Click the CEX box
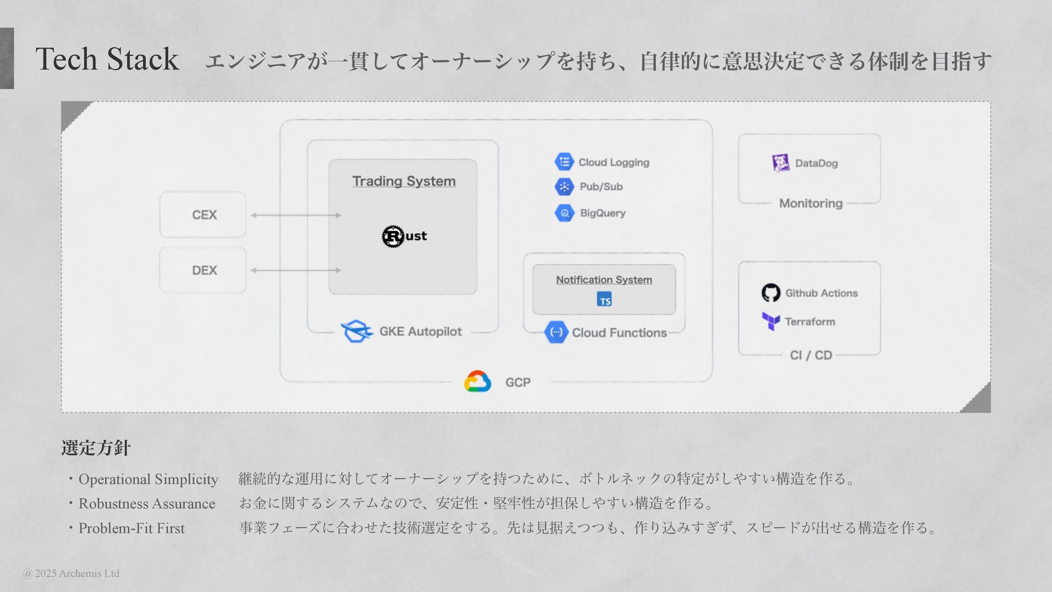[203, 215]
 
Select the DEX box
[203, 270]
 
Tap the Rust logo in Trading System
[404, 236]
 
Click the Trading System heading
[404, 181]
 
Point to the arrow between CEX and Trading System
[296, 215]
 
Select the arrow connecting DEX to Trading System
[296, 270]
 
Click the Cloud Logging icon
[564, 162]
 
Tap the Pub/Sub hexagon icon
[564, 186]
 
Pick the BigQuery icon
[564, 213]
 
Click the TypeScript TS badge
[604, 299]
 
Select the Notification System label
[604, 280]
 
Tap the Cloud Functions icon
[556, 332]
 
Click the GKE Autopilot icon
[356, 331]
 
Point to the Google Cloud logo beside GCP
[477, 382]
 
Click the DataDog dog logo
[781, 163]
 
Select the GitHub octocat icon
[771, 293]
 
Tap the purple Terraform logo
[771, 321]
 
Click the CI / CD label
[811, 355]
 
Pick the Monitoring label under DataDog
[811, 203]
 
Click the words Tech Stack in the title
[107, 59]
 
